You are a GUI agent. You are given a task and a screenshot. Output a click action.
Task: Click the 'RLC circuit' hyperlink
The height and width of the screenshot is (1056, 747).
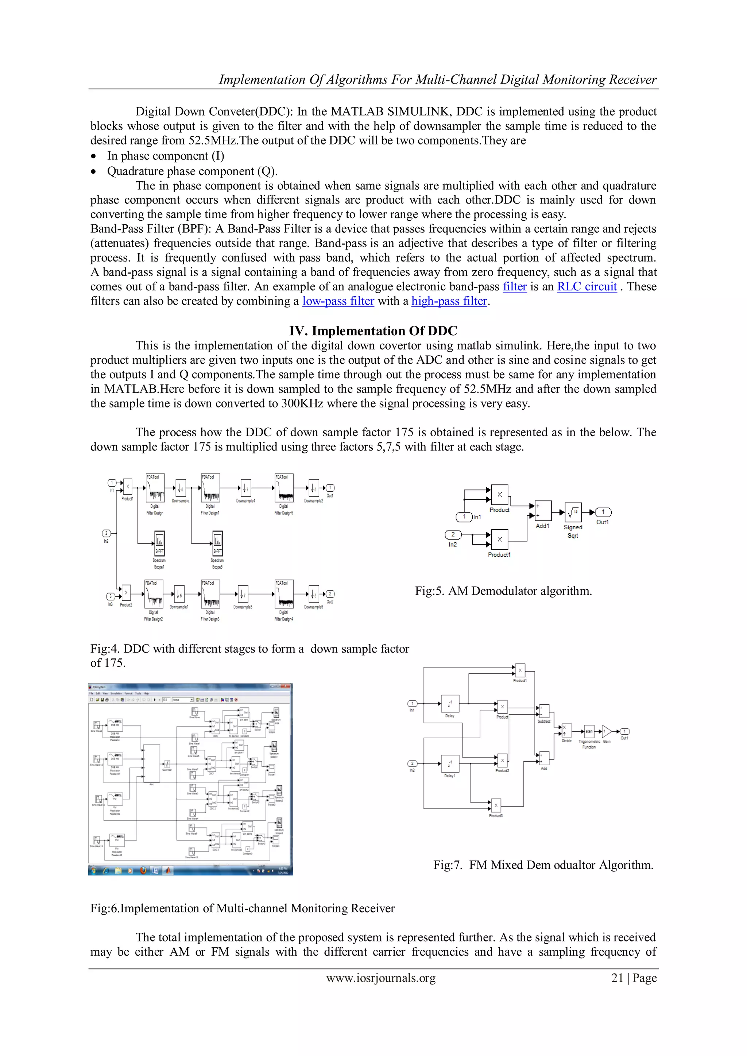tap(587, 287)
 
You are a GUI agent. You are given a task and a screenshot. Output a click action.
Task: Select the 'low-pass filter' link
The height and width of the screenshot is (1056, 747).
tap(338, 301)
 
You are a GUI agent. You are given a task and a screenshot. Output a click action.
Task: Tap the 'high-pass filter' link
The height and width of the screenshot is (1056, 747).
tap(449, 301)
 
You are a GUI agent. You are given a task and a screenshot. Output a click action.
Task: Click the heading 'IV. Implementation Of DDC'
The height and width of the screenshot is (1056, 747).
tap(373, 331)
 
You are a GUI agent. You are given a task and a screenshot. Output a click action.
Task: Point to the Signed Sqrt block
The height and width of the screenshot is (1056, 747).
tap(573, 512)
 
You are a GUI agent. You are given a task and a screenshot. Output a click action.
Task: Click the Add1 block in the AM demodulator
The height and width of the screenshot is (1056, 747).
tap(543, 511)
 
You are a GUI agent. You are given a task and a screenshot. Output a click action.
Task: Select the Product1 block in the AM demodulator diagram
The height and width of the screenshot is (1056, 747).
tap(500, 539)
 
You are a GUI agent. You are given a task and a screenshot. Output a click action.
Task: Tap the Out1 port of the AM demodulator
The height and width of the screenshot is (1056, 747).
tap(603, 512)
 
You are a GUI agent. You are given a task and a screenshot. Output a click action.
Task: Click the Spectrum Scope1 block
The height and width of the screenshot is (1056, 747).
tap(159, 543)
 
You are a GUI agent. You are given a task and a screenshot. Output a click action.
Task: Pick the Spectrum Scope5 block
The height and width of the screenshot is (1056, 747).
tap(217, 543)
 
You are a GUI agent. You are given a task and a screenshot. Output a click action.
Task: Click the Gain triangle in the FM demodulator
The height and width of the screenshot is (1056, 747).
tap(606, 731)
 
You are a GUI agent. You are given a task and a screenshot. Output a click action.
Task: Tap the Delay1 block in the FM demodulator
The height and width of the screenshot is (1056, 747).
tap(449, 763)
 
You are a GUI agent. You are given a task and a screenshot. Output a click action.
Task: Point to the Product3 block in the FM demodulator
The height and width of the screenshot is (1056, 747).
tap(496, 805)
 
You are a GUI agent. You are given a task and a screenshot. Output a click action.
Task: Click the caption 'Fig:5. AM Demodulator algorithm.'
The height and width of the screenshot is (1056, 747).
tap(503, 591)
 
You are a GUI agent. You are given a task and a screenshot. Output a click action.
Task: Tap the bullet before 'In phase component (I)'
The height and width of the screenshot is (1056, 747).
tap(94, 156)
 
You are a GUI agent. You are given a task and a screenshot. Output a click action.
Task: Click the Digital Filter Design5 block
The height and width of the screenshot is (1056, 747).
tap(284, 488)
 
